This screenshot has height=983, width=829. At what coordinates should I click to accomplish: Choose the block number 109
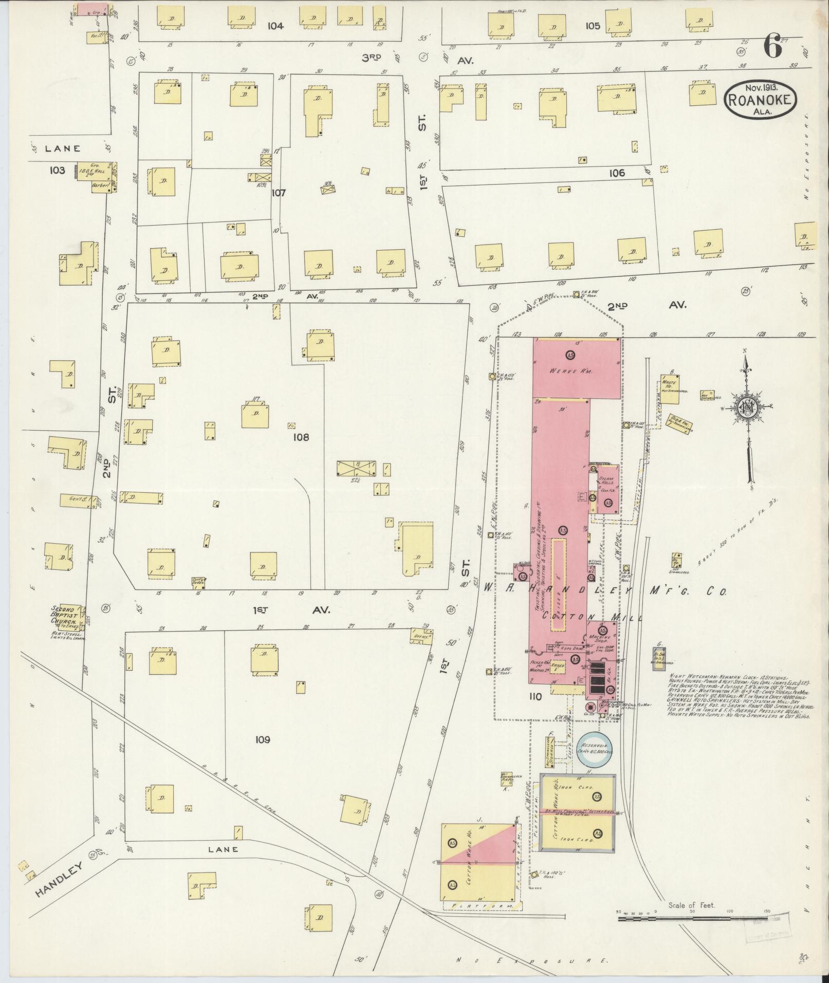pos(262,739)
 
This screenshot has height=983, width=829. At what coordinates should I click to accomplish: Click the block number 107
pos(279,193)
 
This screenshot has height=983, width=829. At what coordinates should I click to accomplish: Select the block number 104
pos(275,26)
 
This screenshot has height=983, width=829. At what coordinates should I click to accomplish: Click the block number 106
pos(617,173)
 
